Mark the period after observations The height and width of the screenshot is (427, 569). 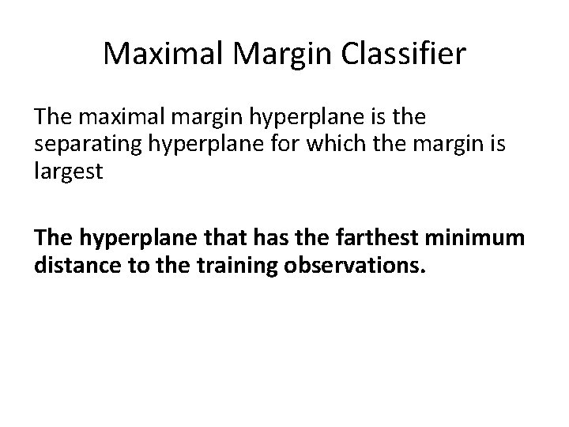424,270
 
